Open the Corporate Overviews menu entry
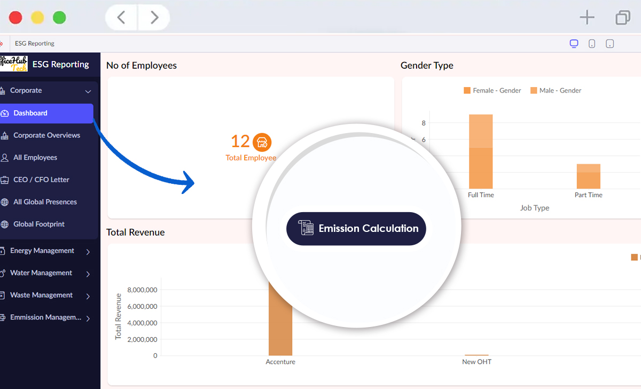click(x=46, y=135)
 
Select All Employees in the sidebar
click(x=35, y=158)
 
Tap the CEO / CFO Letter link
click(x=41, y=180)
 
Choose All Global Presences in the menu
click(x=45, y=202)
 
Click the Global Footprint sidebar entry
click(x=39, y=224)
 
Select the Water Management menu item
click(x=41, y=273)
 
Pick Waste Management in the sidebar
click(x=41, y=295)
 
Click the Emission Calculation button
click(x=356, y=229)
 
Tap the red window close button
click(x=16, y=18)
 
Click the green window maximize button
click(x=59, y=18)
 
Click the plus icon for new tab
click(x=587, y=18)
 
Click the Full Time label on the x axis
click(x=481, y=195)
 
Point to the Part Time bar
click(x=588, y=176)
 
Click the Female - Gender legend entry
click(x=493, y=91)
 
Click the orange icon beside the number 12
click(x=262, y=142)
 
